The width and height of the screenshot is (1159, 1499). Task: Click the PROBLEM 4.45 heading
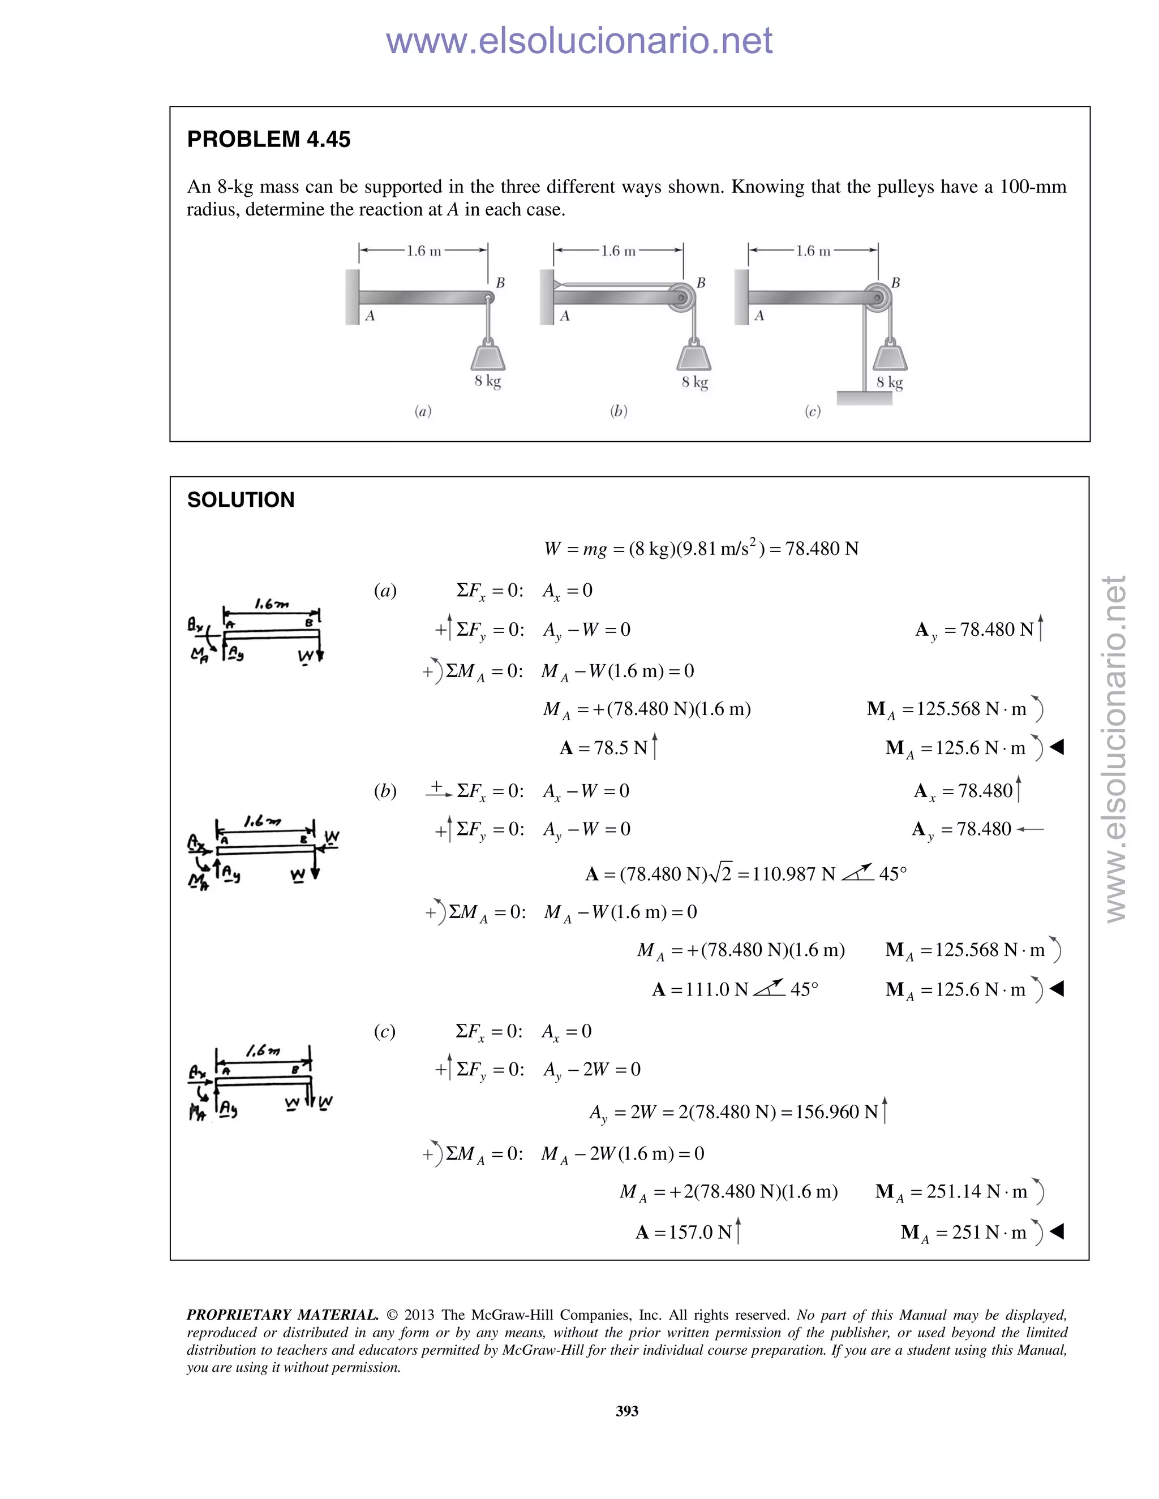tap(268, 139)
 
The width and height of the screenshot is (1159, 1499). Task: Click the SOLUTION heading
tap(241, 499)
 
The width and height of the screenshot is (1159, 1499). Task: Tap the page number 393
tap(627, 1410)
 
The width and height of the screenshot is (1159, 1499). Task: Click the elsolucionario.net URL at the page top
tap(579, 41)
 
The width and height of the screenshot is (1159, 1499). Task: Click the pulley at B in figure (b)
tap(682, 297)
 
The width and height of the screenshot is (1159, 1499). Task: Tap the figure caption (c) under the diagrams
tap(812, 411)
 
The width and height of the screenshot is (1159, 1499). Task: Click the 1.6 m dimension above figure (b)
tap(618, 251)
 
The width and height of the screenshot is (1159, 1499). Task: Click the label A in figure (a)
tap(370, 316)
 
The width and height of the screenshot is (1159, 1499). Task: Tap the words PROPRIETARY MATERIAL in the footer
tap(282, 1315)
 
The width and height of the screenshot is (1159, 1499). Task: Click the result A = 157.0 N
tap(686, 1232)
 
